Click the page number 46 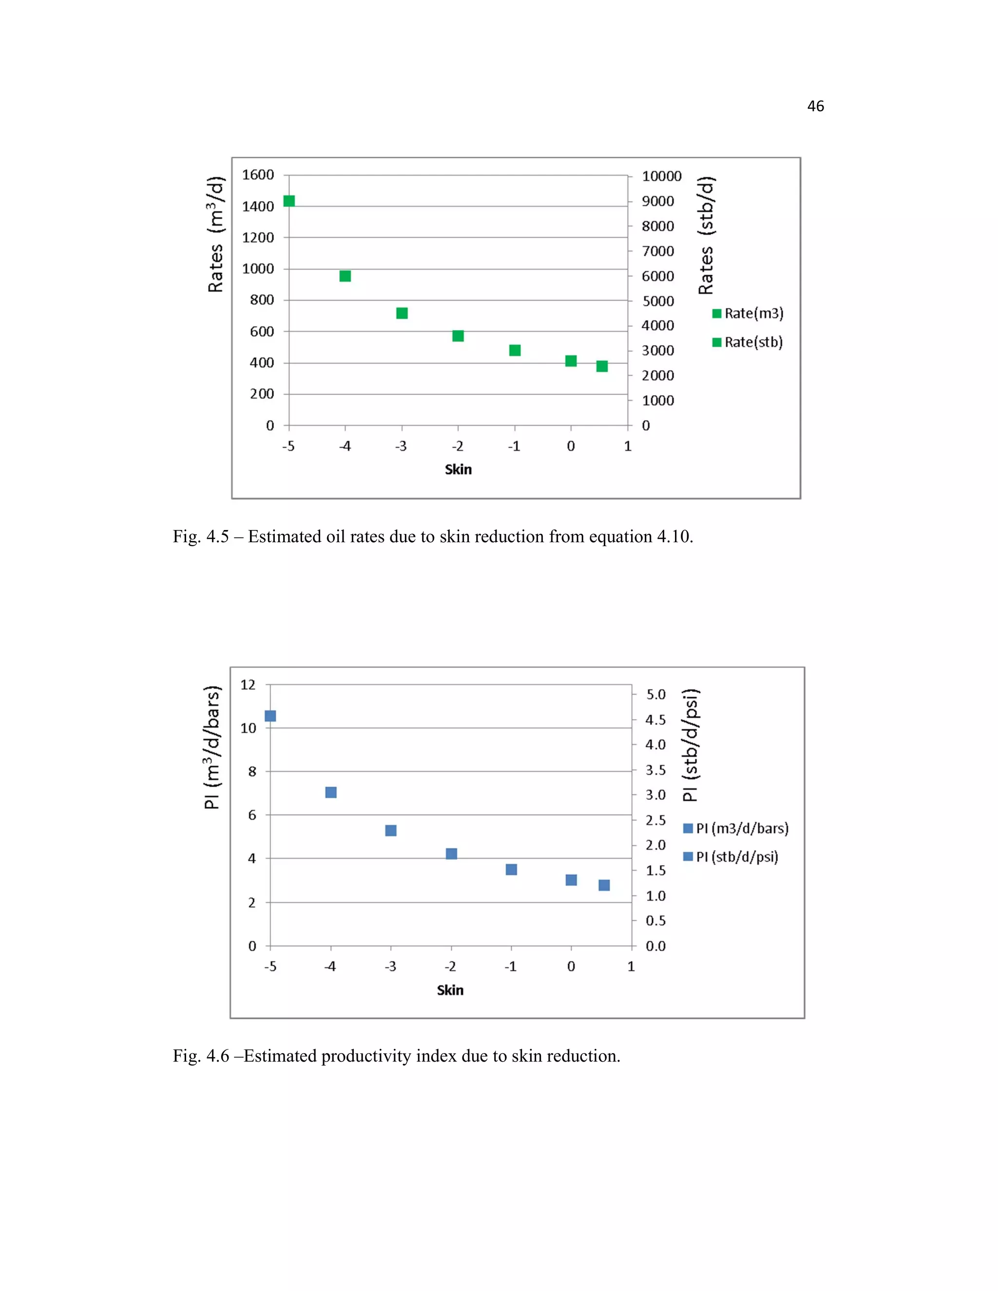pos(815,106)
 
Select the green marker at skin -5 pos(289,201)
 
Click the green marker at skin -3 pos(402,313)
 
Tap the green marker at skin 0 pos(571,361)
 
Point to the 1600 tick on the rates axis pos(258,175)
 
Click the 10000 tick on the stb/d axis pos(662,176)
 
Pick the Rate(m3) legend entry pos(748,313)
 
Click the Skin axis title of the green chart pos(458,469)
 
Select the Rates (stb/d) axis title pos(707,235)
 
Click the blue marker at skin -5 pos(270,716)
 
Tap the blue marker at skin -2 pos(452,854)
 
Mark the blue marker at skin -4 pos(331,792)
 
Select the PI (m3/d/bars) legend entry pos(736,828)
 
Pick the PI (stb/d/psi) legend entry pos(731,856)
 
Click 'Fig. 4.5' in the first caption pos(200,536)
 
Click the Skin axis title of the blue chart pos(450,990)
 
